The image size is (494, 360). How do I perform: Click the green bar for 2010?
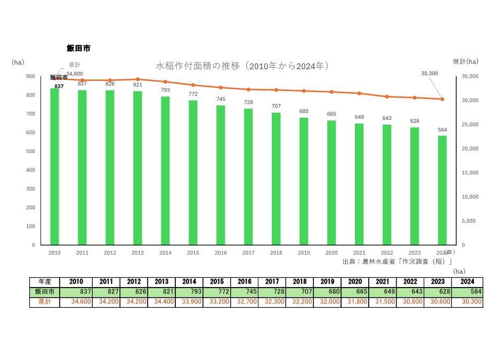[x=54, y=166]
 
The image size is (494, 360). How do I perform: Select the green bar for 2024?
[x=442, y=190]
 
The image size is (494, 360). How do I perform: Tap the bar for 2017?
[x=248, y=177]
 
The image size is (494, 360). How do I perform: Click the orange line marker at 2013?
[x=137, y=79]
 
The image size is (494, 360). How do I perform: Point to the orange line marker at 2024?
[x=442, y=99]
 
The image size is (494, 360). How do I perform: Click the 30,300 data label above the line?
[x=429, y=73]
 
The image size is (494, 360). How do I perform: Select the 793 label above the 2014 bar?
[x=165, y=90]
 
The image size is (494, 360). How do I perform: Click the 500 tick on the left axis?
[x=31, y=151]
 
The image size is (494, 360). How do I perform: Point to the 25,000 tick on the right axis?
[x=469, y=125]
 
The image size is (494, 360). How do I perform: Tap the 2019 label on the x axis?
[x=304, y=253]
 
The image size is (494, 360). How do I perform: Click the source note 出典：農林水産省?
[x=398, y=261]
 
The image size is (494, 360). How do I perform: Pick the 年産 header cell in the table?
[x=45, y=282]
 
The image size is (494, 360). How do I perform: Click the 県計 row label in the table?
[x=45, y=302]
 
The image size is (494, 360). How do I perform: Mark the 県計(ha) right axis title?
[x=465, y=62]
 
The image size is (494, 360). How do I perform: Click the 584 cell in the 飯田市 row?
[x=469, y=292]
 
